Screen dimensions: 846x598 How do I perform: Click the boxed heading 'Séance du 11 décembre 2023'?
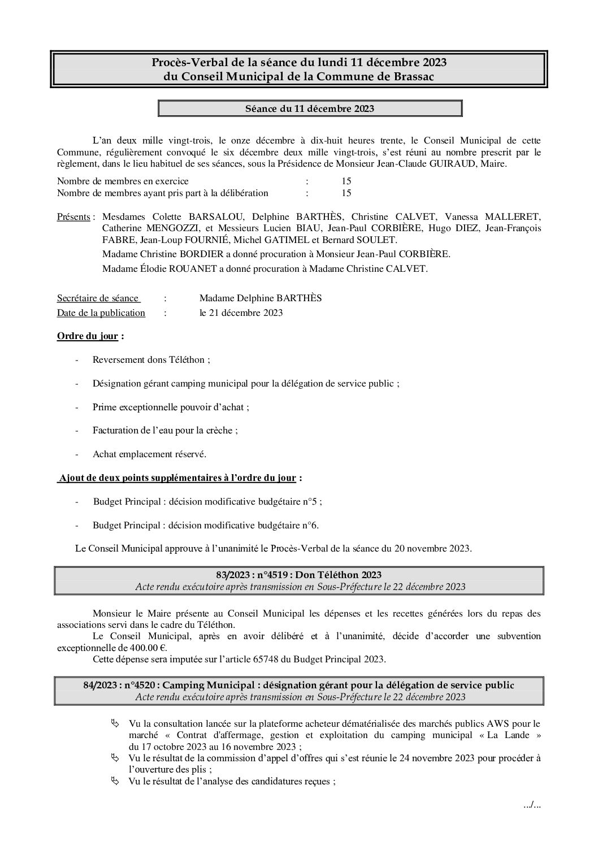pos(310,109)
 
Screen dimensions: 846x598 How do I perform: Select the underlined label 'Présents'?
pos(73,217)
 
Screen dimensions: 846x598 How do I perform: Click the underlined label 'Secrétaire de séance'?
pos(97,298)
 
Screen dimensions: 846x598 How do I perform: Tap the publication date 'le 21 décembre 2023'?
pos(241,313)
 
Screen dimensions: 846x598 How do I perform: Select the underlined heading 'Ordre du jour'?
pos(88,336)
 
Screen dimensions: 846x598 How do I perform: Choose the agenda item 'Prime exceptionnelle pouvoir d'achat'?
pos(170,407)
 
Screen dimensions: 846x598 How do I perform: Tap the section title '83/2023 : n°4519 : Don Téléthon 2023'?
pos(299,575)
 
